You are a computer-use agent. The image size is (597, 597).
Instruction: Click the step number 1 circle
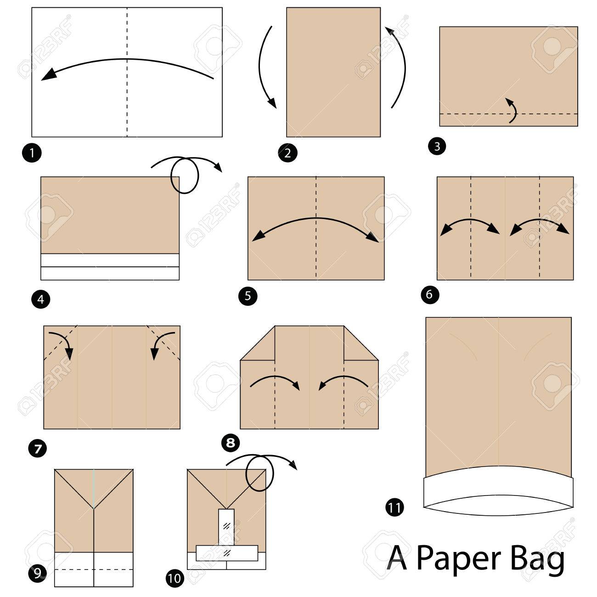click(x=32, y=153)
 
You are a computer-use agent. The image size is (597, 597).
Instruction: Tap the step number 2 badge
click(x=287, y=153)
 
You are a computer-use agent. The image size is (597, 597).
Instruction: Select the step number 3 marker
click(x=437, y=146)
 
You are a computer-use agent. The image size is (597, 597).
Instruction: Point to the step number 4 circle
click(x=40, y=299)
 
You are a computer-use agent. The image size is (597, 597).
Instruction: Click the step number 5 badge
click(x=248, y=296)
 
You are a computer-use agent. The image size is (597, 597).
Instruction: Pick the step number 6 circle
click(x=430, y=294)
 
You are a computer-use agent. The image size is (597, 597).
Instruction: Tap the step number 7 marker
click(x=38, y=449)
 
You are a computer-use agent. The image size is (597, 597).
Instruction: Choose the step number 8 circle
click(x=231, y=443)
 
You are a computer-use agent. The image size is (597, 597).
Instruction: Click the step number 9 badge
click(x=38, y=573)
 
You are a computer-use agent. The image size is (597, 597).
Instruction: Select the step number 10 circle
click(x=175, y=578)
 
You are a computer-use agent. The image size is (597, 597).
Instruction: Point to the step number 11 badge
click(x=394, y=507)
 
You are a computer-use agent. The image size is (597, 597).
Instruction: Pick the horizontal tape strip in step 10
click(x=227, y=553)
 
